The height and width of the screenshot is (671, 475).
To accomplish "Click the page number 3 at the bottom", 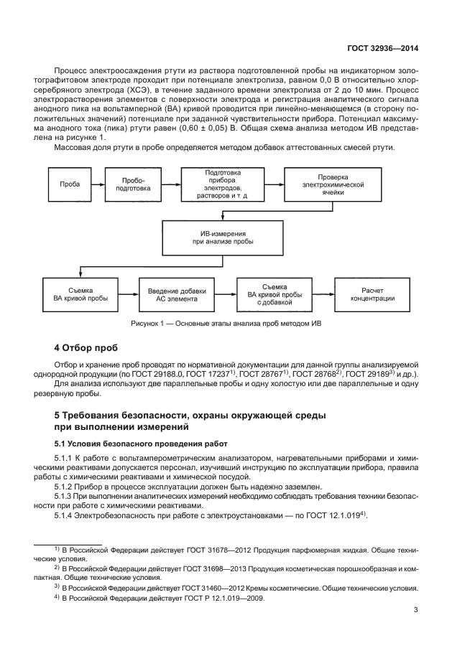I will (x=416, y=610).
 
